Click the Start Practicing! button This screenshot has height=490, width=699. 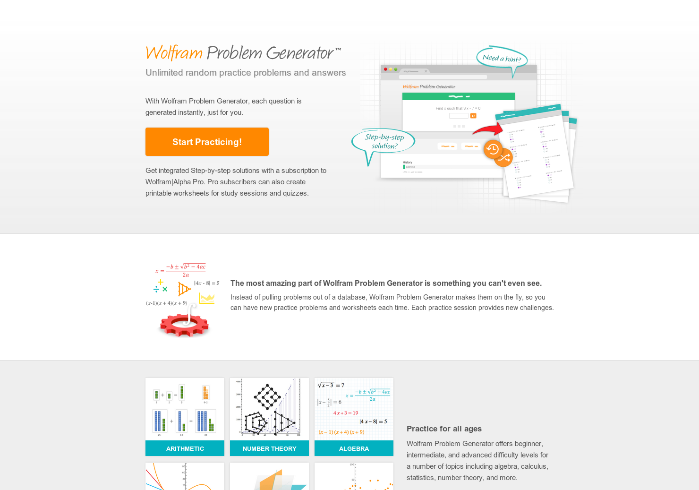click(x=207, y=142)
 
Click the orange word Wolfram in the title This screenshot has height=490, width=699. click(x=174, y=53)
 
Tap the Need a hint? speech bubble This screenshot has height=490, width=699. click(x=502, y=59)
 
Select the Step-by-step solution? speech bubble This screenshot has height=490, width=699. click(x=384, y=141)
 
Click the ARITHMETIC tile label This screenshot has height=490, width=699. click(x=185, y=448)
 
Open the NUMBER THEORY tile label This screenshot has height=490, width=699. click(x=269, y=448)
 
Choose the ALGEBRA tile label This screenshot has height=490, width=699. click(x=354, y=448)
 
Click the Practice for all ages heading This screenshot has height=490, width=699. click(x=444, y=429)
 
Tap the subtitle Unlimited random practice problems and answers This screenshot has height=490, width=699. click(x=246, y=73)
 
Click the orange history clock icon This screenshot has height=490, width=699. click(x=493, y=149)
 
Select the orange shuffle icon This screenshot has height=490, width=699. click(x=504, y=158)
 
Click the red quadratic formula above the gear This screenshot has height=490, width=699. click(x=181, y=270)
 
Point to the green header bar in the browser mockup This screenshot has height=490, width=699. click(x=458, y=96)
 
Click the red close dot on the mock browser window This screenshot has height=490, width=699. click(x=385, y=69)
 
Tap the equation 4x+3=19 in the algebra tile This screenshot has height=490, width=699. click(x=346, y=413)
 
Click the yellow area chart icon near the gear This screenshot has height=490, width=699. click(x=207, y=298)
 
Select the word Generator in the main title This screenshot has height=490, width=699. click(x=300, y=53)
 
